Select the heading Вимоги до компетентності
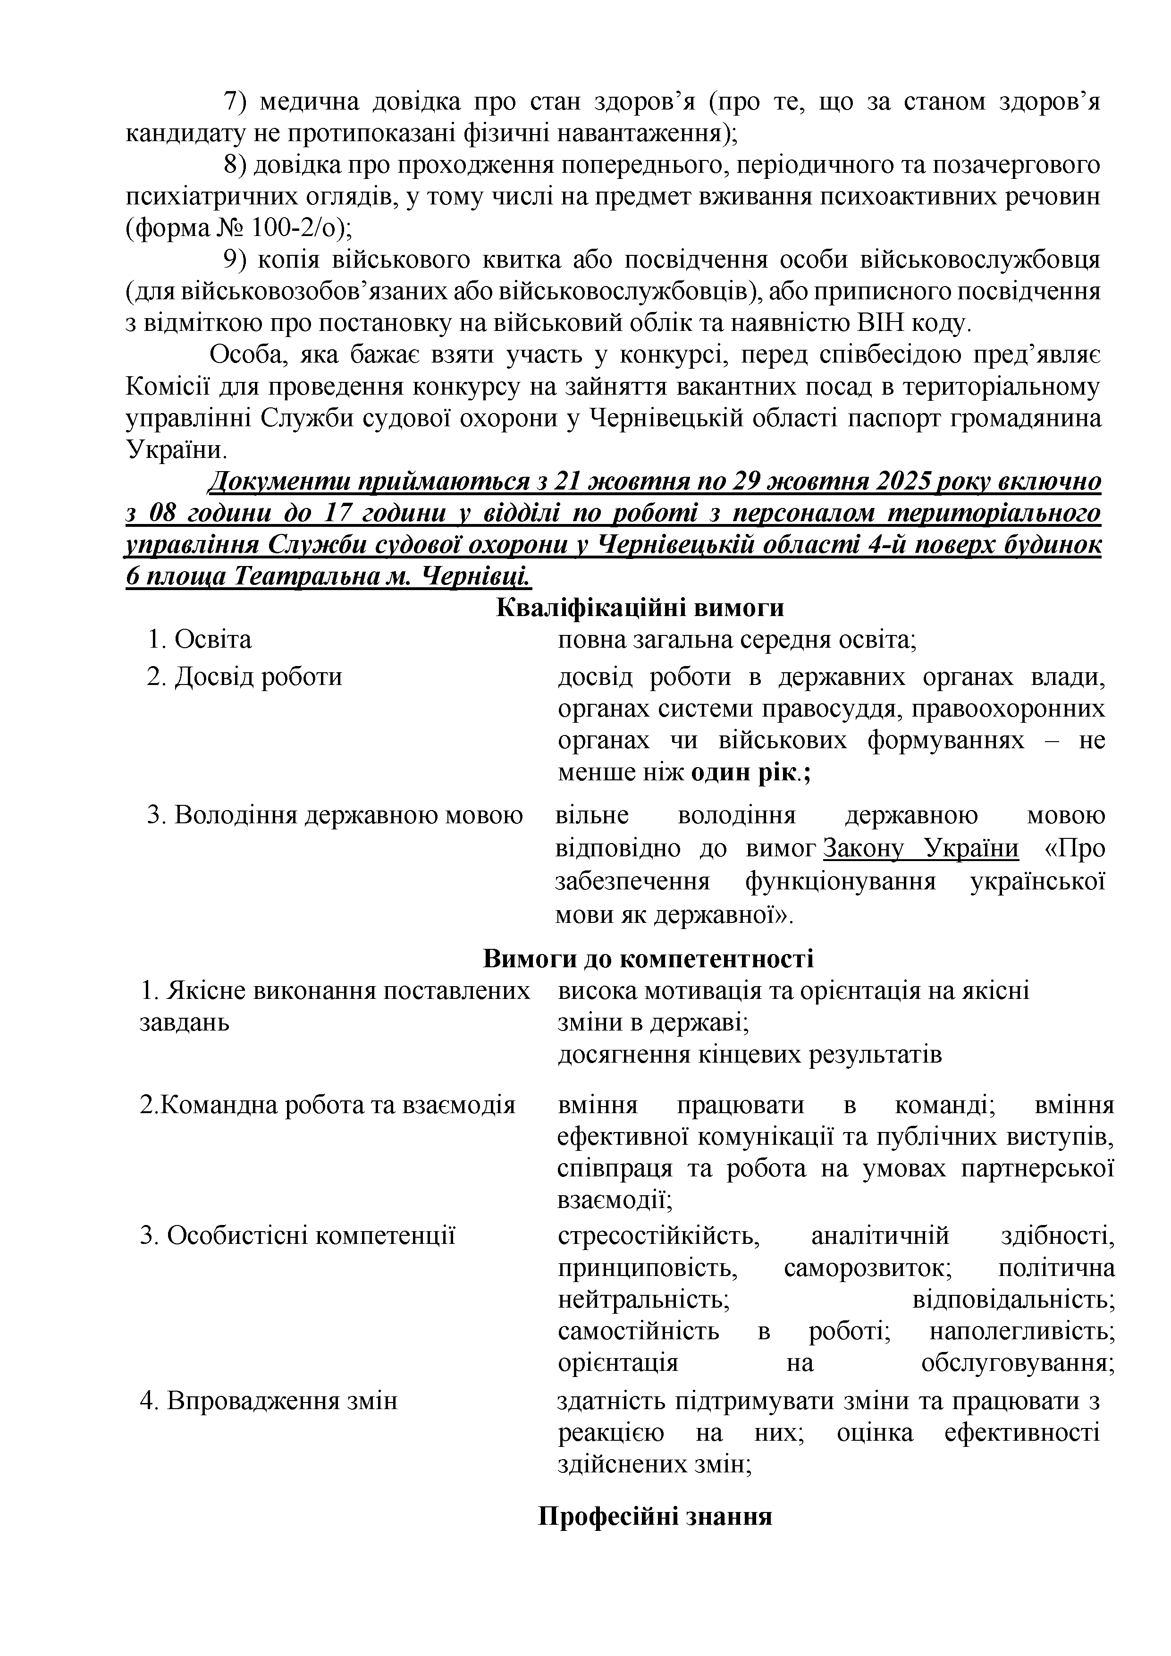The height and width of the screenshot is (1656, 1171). pyautogui.click(x=648, y=959)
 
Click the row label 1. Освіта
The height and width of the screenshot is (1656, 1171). pyautogui.click(x=200, y=640)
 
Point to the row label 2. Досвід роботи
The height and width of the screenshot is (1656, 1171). pyautogui.click(x=244, y=677)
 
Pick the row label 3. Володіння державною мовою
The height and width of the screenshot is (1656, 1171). pyautogui.click(x=335, y=816)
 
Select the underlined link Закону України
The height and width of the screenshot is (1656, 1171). pyautogui.click(x=921, y=848)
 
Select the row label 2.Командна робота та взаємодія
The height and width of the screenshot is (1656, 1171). pyautogui.click(x=328, y=1105)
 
